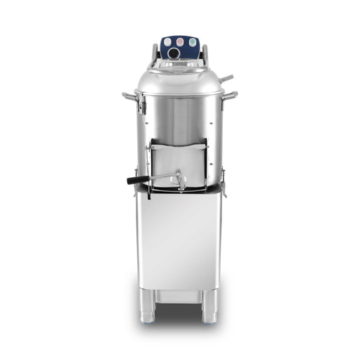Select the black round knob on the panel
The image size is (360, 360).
[x=171, y=43]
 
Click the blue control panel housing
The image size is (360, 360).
[x=180, y=49]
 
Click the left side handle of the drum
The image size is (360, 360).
[x=129, y=94]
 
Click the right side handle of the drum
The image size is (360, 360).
[x=229, y=94]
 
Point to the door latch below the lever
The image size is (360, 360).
[x=180, y=184]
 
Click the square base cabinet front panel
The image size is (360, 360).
[x=179, y=239]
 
